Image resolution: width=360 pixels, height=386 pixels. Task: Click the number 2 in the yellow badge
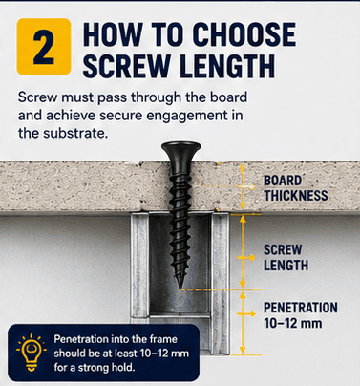pos(44,47)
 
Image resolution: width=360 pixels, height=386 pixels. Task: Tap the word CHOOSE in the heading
pos(244,34)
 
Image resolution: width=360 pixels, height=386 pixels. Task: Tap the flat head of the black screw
pos(180,149)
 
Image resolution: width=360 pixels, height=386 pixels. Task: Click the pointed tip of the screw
pos(181,289)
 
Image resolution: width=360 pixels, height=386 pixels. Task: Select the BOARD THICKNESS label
pos(296,188)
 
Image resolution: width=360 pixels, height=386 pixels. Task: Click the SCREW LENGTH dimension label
pos(286,257)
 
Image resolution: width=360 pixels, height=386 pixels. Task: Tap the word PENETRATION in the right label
pos(301,308)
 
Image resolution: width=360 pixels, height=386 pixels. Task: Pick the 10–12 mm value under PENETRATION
pos(293,323)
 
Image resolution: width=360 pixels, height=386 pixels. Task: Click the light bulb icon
pos(32,353)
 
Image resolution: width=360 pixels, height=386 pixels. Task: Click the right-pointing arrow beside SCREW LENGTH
pos(245,257)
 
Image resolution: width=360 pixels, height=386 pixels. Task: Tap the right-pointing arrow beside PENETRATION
pos(245,313)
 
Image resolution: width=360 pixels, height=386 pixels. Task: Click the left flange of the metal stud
pos(139,268)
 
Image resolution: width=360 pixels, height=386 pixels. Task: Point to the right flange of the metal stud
pos(221,284)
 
